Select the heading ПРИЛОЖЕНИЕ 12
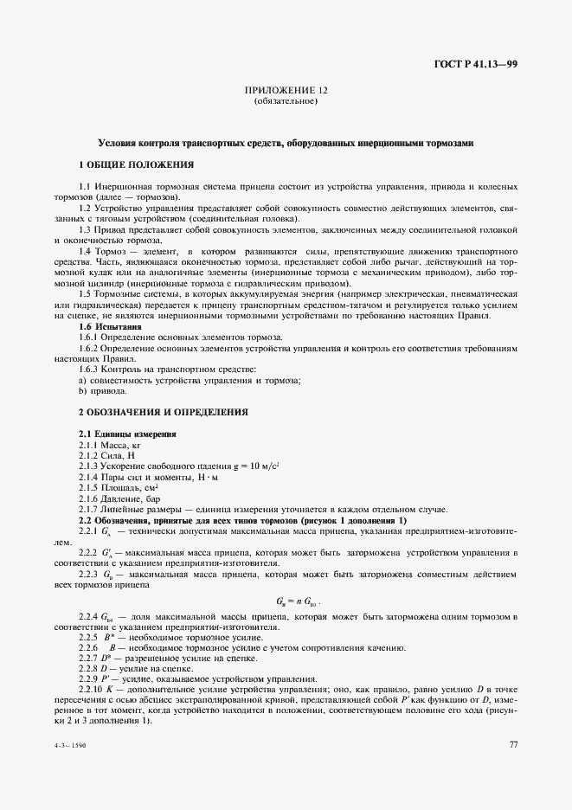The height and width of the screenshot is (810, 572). (286, 90)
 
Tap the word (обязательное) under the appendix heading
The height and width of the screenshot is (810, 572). (286, 101)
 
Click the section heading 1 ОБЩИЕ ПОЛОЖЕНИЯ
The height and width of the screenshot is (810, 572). (136, 164)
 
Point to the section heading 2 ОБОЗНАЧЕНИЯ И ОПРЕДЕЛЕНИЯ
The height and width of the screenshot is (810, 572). (163, 411)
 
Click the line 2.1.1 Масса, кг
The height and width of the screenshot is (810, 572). (109, 443)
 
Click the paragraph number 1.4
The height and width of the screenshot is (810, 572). (85, 249)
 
